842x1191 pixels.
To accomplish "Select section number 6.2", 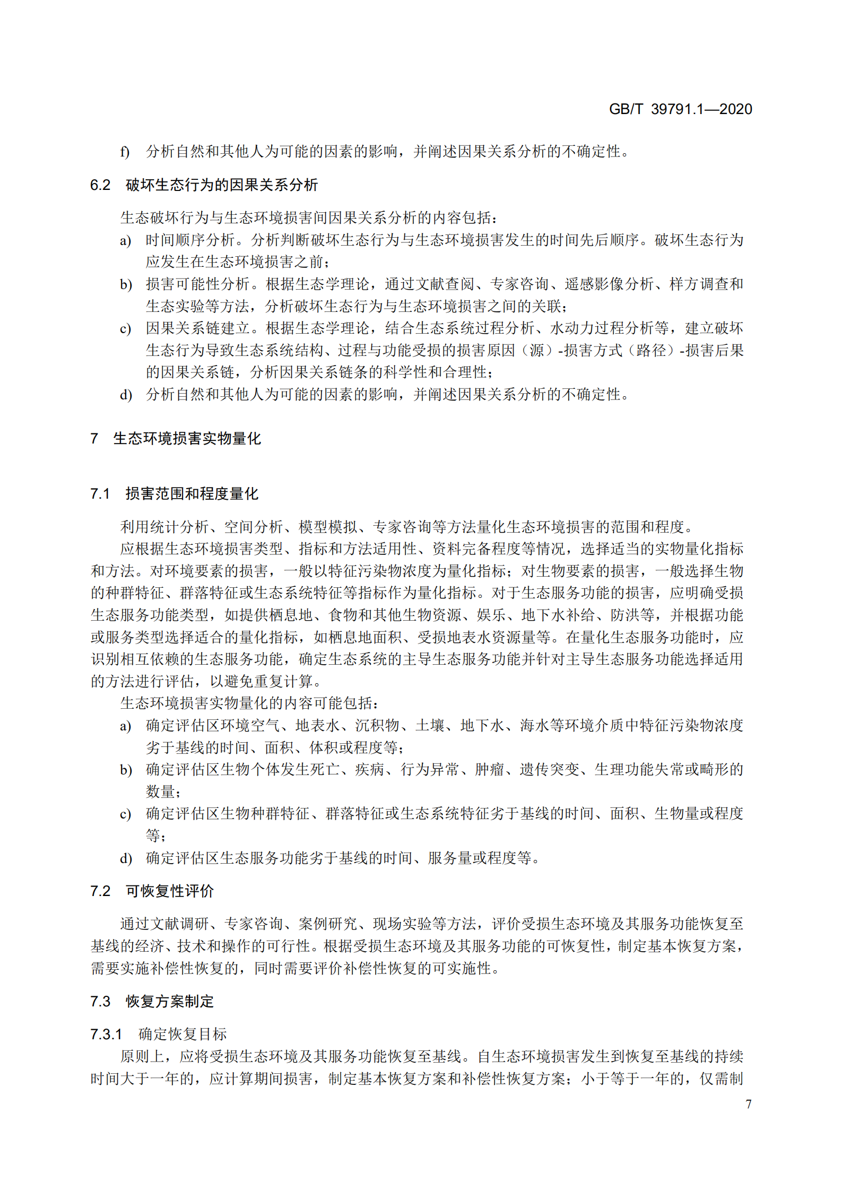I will [x=100, y=185].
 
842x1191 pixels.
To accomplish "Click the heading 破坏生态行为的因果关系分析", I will [x=221, y=185].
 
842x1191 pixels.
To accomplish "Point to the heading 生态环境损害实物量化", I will [x=187, y=439].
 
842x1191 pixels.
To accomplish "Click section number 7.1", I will [x=100, y=494].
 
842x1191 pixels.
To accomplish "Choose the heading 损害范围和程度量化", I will [x=192, y=494].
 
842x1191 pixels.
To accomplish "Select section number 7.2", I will [x=100, y=891].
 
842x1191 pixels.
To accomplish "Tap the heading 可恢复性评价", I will [x=169, y=891].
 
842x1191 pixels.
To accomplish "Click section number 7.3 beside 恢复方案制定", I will [x=100, y=1002].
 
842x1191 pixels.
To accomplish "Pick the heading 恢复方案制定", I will [x=169, y=1002].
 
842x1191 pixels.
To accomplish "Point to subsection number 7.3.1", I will [x=106, y=1034].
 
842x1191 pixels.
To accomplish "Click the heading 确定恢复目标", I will [x=183, y=1034].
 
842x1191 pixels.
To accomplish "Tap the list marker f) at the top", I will [x=125, y=152].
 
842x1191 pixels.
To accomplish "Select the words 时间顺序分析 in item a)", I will [x=190, y=240].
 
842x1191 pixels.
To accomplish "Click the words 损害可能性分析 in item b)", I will [x=197, y=284].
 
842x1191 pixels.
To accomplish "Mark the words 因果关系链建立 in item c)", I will [x=197, y=328].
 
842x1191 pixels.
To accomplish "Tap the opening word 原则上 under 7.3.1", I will [x=142, y=1056].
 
